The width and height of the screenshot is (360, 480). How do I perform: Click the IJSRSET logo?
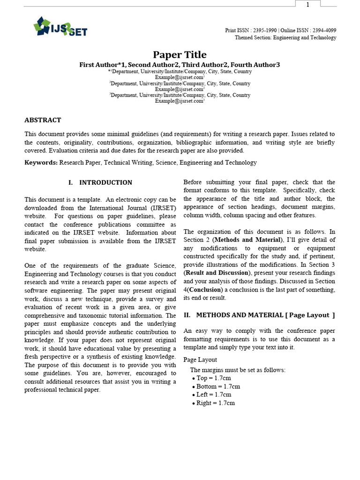[x=60, y=27]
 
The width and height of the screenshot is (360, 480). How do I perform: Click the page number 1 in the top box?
[x=307, y=5]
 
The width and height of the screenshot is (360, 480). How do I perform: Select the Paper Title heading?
[x=180, y=55]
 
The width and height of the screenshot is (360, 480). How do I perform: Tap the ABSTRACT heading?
[x=43, y=120]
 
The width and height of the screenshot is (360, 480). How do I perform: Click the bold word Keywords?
[x=41, y=163]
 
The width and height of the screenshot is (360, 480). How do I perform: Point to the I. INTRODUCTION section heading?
[x=100, y=182]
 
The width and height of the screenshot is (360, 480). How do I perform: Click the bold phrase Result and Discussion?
[x=217, y=273]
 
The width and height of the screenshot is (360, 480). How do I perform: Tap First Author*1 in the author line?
[x=102, y=65]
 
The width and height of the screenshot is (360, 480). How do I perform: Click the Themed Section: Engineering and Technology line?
[x=285, y=38]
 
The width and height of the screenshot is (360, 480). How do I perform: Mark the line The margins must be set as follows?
[x=237, y=370]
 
